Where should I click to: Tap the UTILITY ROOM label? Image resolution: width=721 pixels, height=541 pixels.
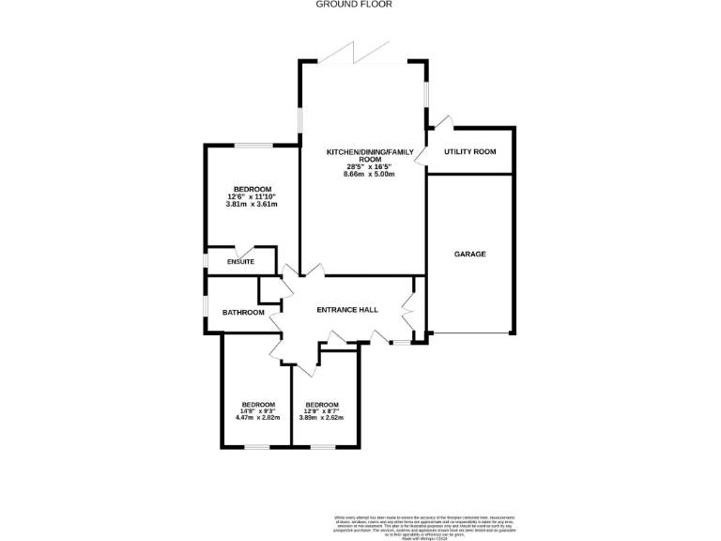coord(469,151)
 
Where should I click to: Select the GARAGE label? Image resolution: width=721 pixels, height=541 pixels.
coord(469,254)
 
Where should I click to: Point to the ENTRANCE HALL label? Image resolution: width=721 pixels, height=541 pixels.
coord(346,310)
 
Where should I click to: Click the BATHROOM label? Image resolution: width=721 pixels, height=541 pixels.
coord(243,313)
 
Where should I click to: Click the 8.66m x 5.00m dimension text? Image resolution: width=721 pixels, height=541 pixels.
coord(369,175)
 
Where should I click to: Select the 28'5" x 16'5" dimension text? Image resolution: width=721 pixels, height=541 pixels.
coord(369,167)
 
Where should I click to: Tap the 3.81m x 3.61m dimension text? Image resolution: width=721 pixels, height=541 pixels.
coord(252,204)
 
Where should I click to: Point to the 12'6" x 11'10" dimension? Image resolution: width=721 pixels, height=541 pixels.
coord(252,196)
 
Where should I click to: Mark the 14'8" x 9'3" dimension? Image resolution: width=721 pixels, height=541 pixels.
coord(257,410)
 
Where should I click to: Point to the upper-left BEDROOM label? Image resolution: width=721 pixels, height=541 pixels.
coord(252,189)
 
